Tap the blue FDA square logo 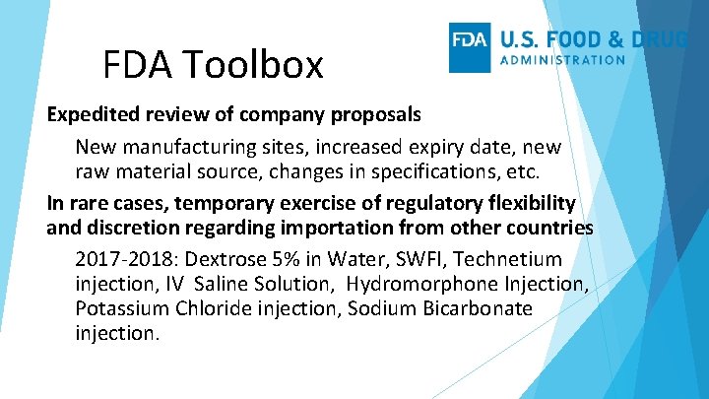(x=470, y=47)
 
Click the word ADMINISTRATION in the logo (x=562, y=59)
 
